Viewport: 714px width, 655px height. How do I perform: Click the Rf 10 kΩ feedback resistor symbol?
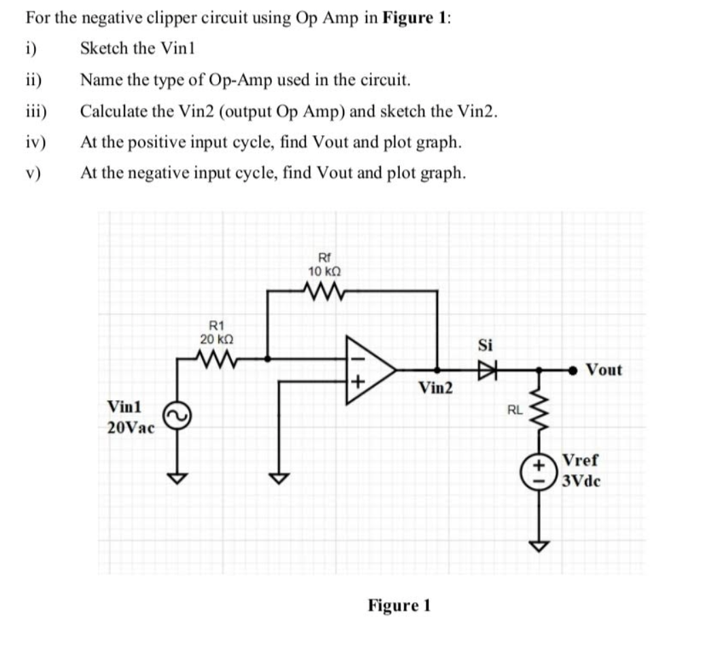tap(324, 291)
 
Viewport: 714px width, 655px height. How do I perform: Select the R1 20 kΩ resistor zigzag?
tap(218, 357)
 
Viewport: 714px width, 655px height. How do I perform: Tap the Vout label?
tap(603, 370)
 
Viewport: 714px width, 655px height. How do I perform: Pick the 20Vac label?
tap(131, 428)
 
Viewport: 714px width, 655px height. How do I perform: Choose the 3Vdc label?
tap(581, 482)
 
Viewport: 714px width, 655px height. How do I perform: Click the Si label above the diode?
tap(486, 345)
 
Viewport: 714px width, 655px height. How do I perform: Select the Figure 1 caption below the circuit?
tap(399, 605)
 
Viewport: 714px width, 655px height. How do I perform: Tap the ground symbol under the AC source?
tap(182, 478)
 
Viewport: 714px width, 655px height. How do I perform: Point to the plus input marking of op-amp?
tap(358, 382)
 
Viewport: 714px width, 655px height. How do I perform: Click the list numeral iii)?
tap(35, 111)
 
